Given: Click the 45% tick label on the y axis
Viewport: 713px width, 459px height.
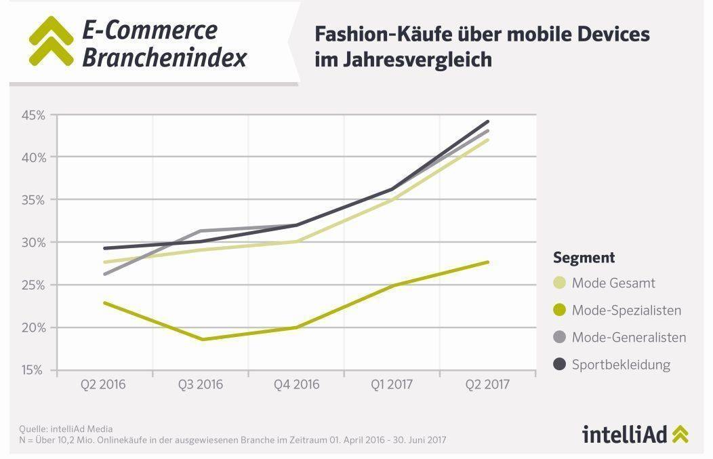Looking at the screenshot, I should [33, 115].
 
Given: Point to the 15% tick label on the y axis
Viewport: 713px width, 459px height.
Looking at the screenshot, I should [33, 370].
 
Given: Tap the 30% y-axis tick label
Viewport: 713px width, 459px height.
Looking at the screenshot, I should [33, 243].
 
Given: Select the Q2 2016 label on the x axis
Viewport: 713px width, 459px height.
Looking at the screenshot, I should [104, 384].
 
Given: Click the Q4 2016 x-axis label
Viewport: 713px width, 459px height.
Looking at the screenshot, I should [296, 384].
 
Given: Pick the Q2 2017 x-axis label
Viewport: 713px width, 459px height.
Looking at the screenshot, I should [487, 384].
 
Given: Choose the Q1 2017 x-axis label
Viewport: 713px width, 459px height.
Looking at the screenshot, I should [392, 384].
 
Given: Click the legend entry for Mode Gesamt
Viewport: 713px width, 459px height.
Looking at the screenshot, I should [613, 283].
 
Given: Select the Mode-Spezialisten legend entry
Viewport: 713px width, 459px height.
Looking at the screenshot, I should [626, 311].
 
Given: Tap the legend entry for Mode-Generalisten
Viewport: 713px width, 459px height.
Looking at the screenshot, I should [628, 337].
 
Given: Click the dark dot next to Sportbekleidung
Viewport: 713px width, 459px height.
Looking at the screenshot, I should [560, 365].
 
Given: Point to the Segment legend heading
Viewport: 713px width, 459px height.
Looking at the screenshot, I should [584, 258].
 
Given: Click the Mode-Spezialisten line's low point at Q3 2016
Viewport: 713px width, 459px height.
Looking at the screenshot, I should [201, 339].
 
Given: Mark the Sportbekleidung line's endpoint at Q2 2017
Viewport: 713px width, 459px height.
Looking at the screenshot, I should [487, 122].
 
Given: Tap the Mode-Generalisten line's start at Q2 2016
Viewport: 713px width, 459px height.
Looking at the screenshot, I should [104, 274].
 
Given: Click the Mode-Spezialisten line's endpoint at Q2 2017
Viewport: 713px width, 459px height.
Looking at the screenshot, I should [487, 262].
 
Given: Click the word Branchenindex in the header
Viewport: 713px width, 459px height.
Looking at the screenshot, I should [164, 58].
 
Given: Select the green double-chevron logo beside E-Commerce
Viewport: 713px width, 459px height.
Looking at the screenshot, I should [51, 41].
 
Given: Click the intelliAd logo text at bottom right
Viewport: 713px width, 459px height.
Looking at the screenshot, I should [624, 434].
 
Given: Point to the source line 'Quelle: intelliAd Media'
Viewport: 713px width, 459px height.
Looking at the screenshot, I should [66, 428].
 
